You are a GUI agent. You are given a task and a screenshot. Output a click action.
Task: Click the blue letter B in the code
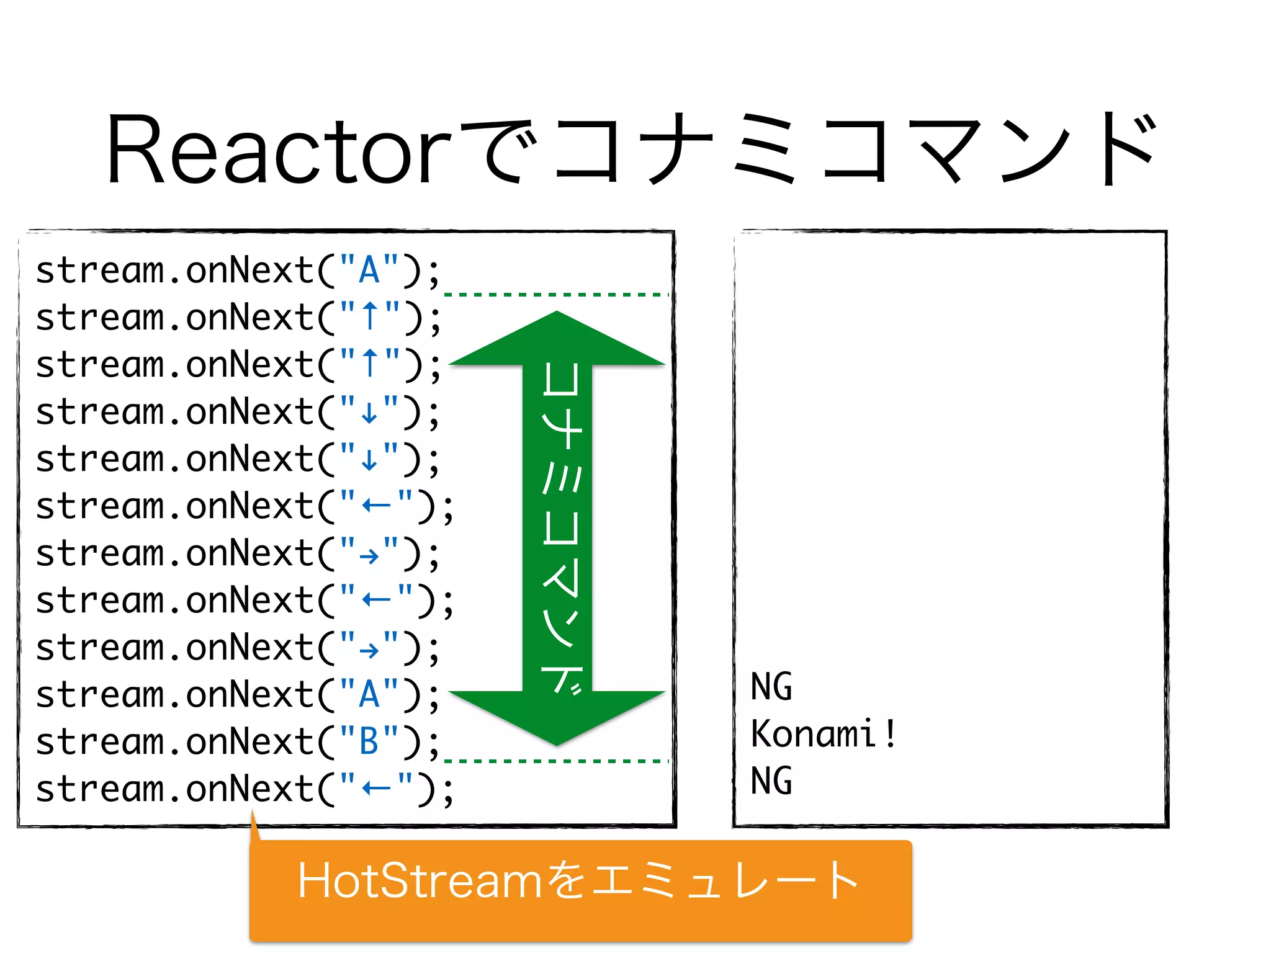click(x=369, y=741)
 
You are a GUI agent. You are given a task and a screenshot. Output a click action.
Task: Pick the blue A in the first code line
click(x=369, y=271)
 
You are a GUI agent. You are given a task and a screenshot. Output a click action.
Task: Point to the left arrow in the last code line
click(x=376, y=789)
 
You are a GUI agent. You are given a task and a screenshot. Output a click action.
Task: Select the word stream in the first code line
click(x=99, y=271)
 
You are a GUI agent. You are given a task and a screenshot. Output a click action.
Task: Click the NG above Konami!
click(x=771, y=687)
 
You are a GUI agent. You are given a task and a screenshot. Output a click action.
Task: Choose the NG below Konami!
click(x=771, y=781)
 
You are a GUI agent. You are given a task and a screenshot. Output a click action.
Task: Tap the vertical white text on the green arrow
click(x=561, y=527)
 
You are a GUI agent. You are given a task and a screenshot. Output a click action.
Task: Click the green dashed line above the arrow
click(x=557, y=295)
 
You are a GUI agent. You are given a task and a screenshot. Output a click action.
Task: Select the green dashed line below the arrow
click(x=557, y=761)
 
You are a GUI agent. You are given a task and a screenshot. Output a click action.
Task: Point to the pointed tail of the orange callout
click(x=254, y=825)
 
